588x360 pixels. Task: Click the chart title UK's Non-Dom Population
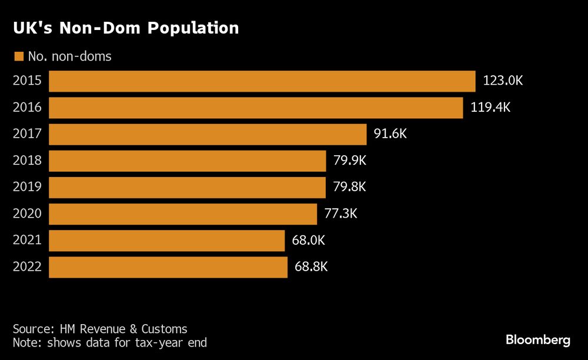tap(126, 28)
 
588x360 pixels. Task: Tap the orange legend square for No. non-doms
tap(18, 56)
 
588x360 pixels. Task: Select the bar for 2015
tap(262, 81)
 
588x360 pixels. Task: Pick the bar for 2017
tap(208, 134)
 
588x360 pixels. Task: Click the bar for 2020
tap(183, 214)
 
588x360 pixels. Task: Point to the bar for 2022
tap(168, 266)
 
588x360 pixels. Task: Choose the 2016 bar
tap(256, 108)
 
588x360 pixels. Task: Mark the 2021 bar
tap(167, 240)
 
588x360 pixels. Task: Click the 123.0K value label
tap(503, 81)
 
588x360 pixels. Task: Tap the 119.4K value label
tap(490, 108)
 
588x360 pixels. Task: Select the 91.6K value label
tap(390, 134)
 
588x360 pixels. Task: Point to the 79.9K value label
tap(350, 161)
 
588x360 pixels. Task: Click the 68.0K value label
tap(309, 240)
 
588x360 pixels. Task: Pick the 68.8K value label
tap(311, 266)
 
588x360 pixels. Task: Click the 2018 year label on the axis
tap(27, 161)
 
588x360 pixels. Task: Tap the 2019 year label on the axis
tap(27, 187)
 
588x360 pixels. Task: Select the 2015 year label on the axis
tap(27, 81)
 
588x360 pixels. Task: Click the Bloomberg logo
tap(538, 340)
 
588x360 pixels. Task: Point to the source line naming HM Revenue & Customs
tap(100, 329)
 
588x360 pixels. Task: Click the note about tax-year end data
tap(110, 342)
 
